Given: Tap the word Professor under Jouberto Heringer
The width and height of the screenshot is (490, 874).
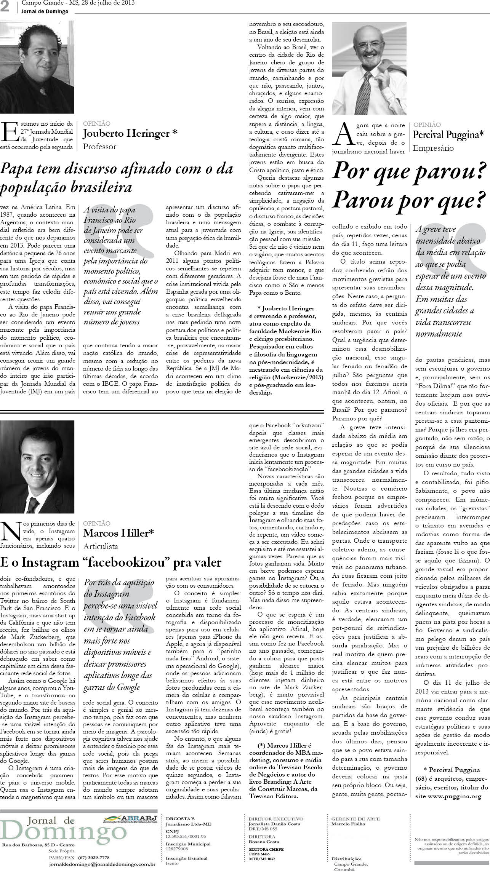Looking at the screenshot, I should (x=99, y=147).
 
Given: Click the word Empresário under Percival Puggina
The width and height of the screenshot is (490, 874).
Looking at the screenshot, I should (x=433, y=148).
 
